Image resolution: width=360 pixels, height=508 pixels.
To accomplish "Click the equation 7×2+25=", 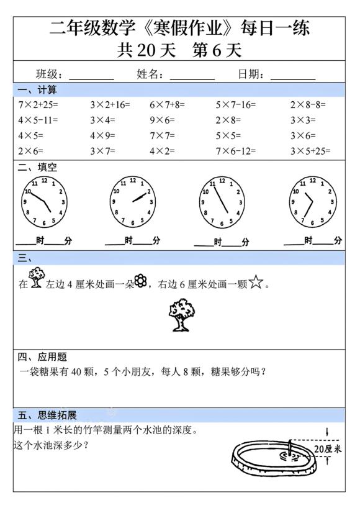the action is point(37,105).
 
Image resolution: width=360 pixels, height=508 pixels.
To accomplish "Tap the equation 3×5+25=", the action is point(310,151).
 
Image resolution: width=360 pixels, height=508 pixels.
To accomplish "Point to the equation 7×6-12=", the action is point(238,151).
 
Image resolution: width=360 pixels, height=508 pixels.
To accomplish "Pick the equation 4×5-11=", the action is point(38,120).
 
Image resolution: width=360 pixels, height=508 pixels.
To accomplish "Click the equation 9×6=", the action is point(162,120).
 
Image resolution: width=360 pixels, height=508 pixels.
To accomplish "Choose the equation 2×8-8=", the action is point(308,105).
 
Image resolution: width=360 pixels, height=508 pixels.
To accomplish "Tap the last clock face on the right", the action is point(313,201).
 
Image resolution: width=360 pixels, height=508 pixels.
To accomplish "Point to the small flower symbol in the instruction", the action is point(141,282).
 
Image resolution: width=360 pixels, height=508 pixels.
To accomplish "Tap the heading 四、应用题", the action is point(42,357).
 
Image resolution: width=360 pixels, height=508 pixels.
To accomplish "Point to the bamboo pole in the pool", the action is point(289,448).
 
